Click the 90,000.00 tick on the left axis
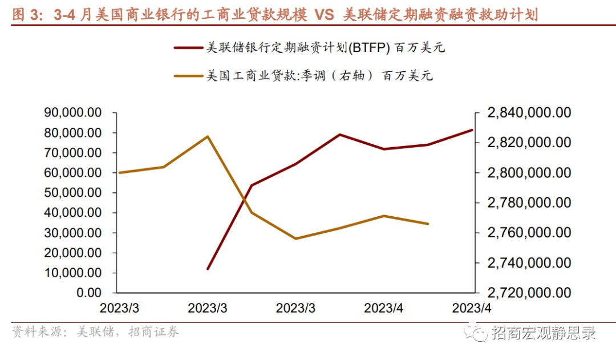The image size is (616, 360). click(73, 113)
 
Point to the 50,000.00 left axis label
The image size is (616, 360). click(73, 193)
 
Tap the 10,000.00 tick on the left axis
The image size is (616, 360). click(73, 273)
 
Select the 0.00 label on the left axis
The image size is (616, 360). click(88, 293)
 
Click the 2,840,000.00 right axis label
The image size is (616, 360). click(529, 113)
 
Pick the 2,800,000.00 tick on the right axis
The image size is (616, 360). click(529, 172)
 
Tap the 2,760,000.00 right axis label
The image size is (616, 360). click(529, 232)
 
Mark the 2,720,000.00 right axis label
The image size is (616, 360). click(529, 293)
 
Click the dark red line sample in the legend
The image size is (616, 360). click(188, 48)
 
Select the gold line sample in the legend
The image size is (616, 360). click(188, 75)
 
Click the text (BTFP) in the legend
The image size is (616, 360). click(369, 48)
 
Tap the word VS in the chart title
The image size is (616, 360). click(323, 14)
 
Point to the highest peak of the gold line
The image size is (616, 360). click(208, 136)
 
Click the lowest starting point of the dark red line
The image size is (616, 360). click(208, 269)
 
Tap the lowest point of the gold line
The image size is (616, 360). click(295, 238)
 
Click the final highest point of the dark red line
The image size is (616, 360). click(472, 130)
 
